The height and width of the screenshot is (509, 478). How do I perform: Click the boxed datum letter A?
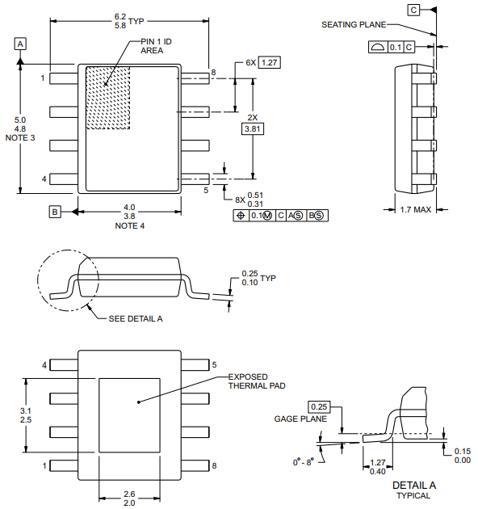point(21,43)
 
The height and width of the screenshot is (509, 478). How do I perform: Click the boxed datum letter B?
point(55,212)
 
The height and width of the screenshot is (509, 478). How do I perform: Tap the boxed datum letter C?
point(413,10)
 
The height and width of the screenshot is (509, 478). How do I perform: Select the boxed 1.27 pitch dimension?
point(269,63)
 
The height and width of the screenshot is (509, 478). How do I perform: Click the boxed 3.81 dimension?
point(253,128)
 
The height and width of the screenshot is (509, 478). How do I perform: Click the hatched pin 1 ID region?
point(108,98)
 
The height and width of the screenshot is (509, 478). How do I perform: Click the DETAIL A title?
point(413,485)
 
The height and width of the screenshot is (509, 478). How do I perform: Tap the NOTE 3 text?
point(20,138)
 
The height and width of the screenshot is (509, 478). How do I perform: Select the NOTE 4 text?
point(129,226)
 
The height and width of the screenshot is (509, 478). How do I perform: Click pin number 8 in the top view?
point(213,73)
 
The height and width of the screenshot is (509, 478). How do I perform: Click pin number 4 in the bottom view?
point(44,365)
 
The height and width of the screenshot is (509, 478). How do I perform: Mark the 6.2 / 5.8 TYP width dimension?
point(129,20)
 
